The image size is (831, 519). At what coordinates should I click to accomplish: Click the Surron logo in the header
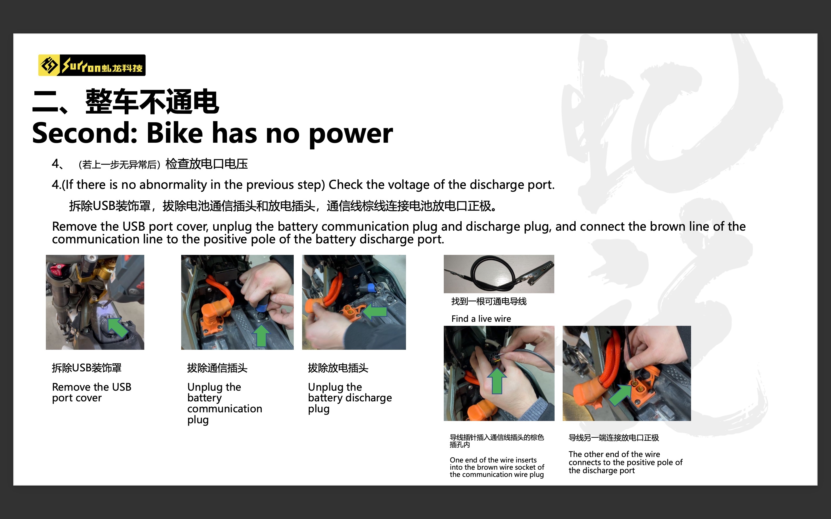[x=92, y=65]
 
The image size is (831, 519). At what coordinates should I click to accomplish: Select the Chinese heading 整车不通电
[x=152, y=101]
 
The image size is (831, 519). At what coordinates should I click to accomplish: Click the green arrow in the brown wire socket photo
[x=497, y=381]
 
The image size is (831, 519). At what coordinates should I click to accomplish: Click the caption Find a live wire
[x=481, y=319]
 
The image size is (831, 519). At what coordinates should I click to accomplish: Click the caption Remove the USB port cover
[x=92, y=392]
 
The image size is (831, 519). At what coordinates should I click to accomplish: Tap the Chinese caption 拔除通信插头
[x=217, y=368]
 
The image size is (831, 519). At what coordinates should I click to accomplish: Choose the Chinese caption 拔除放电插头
[x=338, y=368]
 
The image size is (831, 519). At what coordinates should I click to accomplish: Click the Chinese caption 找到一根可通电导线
[x=489, y=301]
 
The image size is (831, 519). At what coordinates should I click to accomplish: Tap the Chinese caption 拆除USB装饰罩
[x=87, y=368]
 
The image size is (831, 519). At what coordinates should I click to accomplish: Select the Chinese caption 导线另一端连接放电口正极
[x=614, y=438]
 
